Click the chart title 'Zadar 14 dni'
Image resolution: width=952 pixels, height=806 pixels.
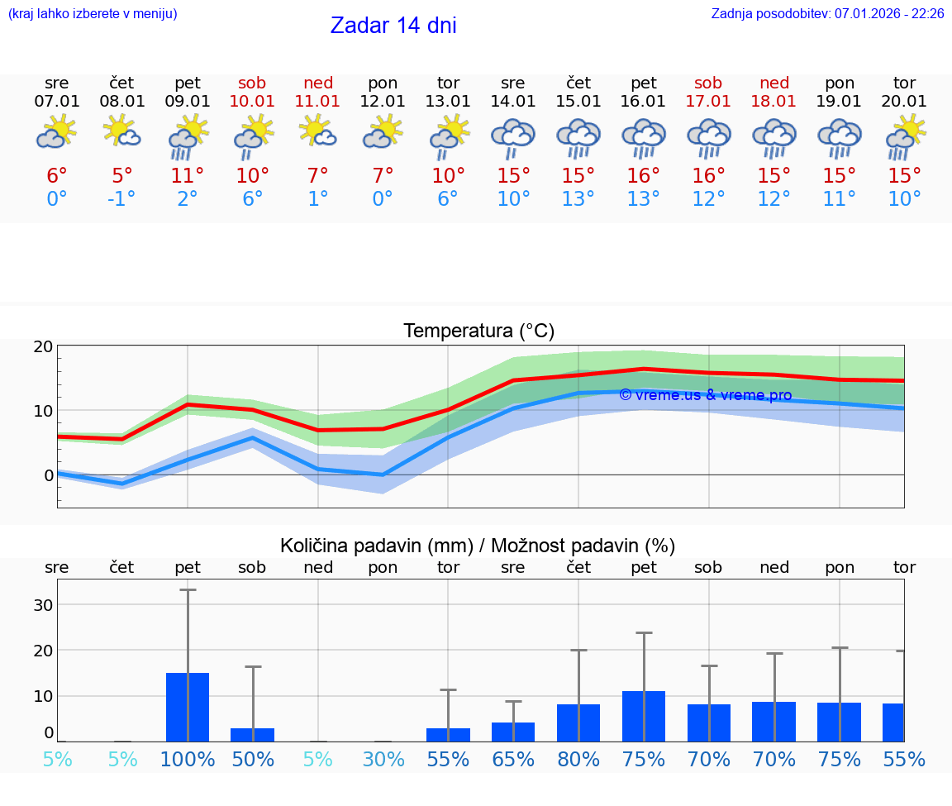tap(393, 26)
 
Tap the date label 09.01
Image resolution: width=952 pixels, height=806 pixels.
tap(188, 102)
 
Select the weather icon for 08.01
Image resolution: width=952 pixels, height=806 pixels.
tap(122, 132)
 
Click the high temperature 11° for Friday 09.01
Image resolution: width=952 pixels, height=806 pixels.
tap(188, 176)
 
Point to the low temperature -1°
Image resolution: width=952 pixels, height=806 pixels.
tap(122, 199)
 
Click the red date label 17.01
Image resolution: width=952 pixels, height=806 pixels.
tap(708, 102)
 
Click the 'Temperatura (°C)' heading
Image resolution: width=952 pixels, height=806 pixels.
tap(478, 331)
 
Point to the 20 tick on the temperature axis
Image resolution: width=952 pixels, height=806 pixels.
tap(43, 346)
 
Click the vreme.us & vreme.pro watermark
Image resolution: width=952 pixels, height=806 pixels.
tap(705, 395)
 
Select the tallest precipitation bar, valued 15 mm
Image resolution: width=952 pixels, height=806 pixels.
tap(188, 707)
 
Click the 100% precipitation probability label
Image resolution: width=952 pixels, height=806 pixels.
tap(188, 759)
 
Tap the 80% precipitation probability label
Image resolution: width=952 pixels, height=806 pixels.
tap(578, 759)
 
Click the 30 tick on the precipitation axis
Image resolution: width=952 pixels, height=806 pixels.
tap(43, 605)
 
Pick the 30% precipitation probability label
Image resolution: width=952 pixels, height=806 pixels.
tap(383, 759)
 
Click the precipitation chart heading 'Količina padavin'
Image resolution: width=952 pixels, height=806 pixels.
tap(478, 546)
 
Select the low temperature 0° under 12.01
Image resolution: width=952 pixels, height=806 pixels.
tap(383, 199)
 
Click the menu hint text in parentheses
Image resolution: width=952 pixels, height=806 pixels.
tap(93, 14)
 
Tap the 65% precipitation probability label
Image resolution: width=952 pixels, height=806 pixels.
tap(513, 759)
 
